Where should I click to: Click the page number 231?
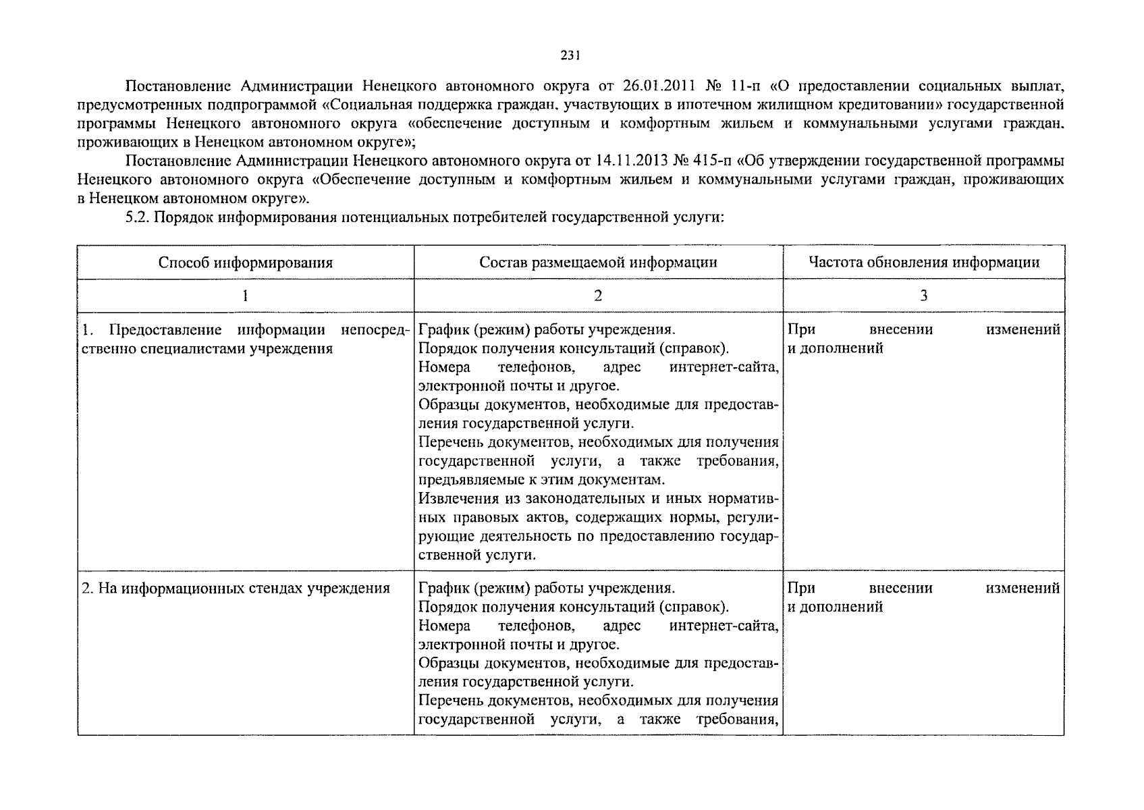click(570, 56)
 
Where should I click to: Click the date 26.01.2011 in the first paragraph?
click(655, 86)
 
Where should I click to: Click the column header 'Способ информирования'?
click(246, 263)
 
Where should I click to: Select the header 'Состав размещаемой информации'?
click(598, 263)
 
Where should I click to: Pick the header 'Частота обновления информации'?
click(924, 263)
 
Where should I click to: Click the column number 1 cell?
click(246, 296)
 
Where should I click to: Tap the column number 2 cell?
click(598, 296)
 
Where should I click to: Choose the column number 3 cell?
click(924, 296)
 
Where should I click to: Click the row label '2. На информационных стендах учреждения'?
click(236, 588)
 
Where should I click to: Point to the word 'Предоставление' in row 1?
click(165, 330)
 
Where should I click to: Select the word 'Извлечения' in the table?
click(458, 499)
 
